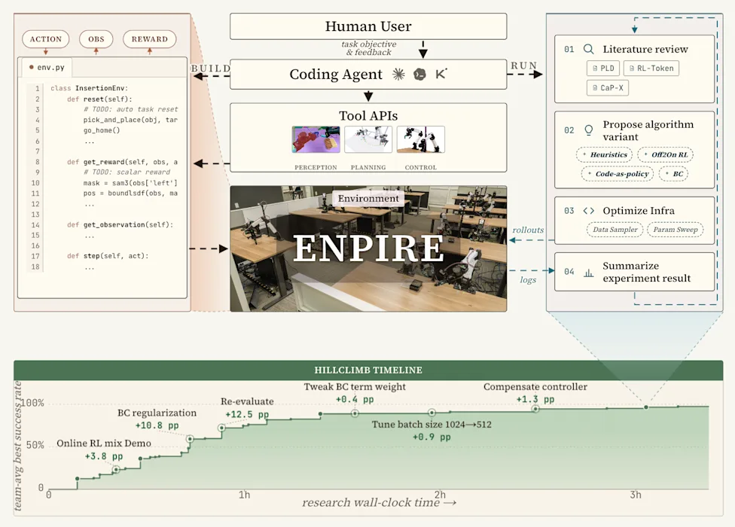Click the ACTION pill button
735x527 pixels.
pyautogui.click(x=45, y=39)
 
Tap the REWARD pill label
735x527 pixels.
pyautogui.click(x=150, y=39)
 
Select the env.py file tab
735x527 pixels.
pyautogui.click(x=47, y=68)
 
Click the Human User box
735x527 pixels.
pyautogui.click(x=368, y=26)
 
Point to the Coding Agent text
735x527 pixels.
pyautogui.click(x=336, y=74)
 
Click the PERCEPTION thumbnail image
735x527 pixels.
pyautogui.click(x=316, y=139)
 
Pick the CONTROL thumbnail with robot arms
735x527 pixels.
pyautogui.click(x=420, y=139)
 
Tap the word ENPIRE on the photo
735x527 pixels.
pyautogui.click(x=368, y=248)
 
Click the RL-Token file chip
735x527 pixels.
pyautogui.click(x=651, y=69)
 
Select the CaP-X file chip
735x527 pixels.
pyautogui.click(x=608, y=87)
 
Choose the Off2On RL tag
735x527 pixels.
pyautogui.click(x=665, y=154)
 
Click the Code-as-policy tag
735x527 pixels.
pyautogui.click(x=618, y=174)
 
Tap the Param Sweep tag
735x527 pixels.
pyautogui.click(x=676, y=230)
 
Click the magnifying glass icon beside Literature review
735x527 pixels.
pyautogui.click(x=589, y=49)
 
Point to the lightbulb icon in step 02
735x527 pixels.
pyautogui.click(x=589, y=130)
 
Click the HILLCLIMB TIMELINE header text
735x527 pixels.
pyautogui.click(x=368, y=370)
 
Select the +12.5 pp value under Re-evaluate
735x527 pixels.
pyautogui.click(x=247, y=415)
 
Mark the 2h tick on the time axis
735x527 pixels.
pyautogui.click(x=440, y=495)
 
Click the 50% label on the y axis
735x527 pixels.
pyautogui.click(x=35, y=445)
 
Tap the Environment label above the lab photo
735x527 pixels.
pyautogui.click(x=368, y=198)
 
